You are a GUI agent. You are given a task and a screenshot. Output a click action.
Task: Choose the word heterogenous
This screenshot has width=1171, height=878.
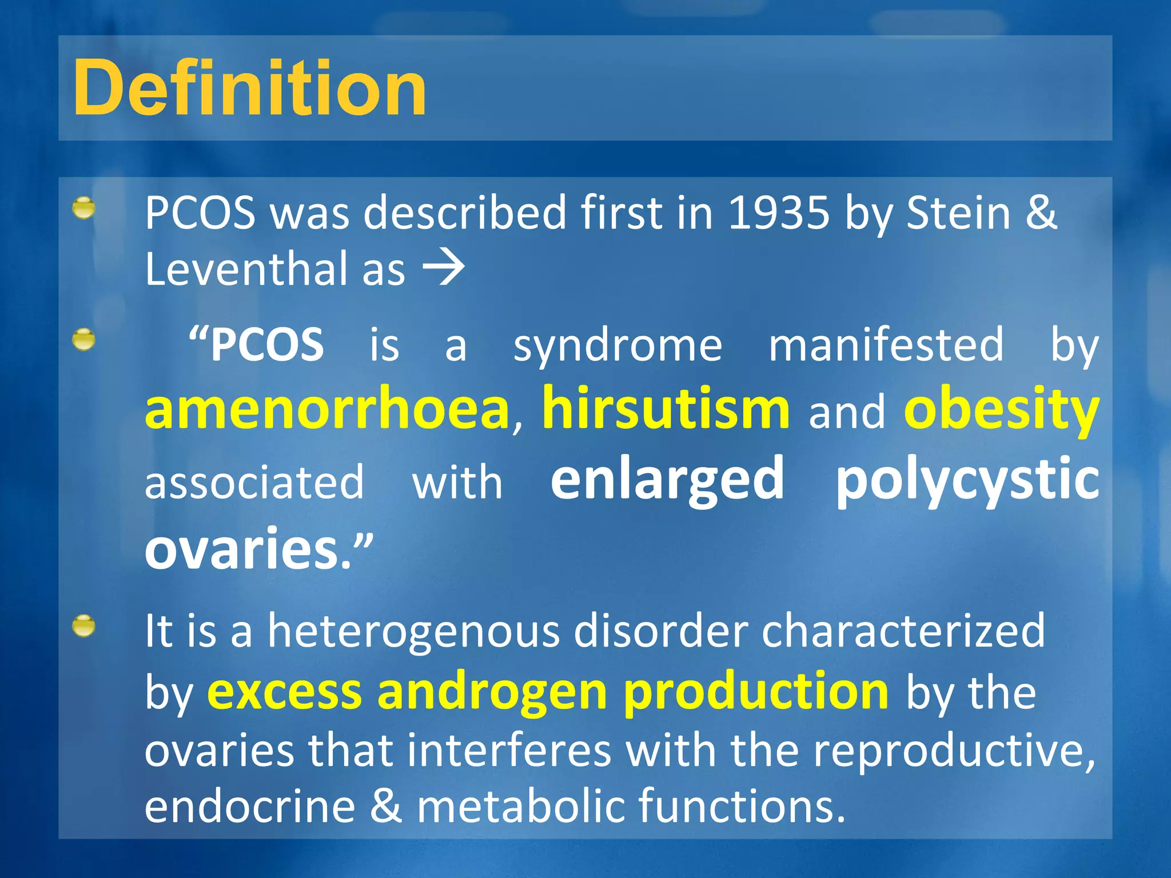pyautogui.click(x=413, y=631)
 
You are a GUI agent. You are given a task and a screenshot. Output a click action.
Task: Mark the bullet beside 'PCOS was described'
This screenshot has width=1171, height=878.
pyautogui.click(x=84, y=208)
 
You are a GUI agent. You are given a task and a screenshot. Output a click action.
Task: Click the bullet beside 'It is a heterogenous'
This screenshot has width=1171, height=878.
pyautogui.click(x=84, y=626)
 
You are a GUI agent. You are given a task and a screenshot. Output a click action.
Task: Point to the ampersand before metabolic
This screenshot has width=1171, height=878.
pyautogui.click(x=386, y=806)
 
